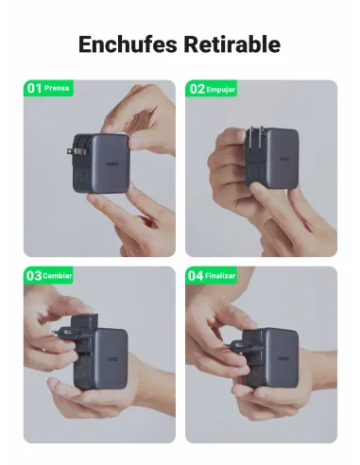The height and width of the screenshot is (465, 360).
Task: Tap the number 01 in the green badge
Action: click(x=35, y=88)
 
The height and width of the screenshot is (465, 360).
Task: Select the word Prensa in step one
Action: click(x=57, y=88)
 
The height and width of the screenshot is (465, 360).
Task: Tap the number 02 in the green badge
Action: click(x=197, y=88)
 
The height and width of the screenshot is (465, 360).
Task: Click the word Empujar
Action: click(x=221, y=88)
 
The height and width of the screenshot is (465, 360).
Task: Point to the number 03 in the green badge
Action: click(x=35, y=275)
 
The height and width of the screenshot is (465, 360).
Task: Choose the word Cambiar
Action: click(x=58, y=275)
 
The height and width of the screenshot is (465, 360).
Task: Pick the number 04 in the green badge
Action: click(x=197, y=275)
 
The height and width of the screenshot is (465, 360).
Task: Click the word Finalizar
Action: click(x=221, y=275)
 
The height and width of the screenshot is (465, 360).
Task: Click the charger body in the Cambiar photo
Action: click(x=109, y=359)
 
